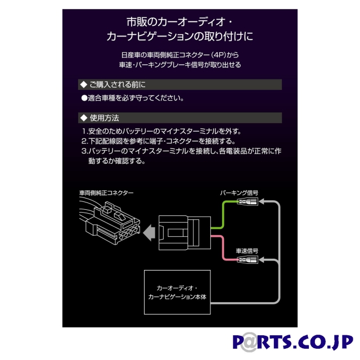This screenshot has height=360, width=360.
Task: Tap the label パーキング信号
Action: pyautogui.click(x=239, y=193)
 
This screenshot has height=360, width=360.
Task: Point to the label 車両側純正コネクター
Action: pyautogui.click(x=106, y=193)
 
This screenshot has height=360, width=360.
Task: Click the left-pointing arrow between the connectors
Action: pyautogui.click(x=150, y=231)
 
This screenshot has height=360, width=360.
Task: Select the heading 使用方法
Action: pyautogui.click(x=104, y=118)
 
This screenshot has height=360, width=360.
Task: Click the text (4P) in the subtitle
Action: pyautogui.click(x=219, y=55)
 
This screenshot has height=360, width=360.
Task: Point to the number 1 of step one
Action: pyautogui.click(x=84, y=132)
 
